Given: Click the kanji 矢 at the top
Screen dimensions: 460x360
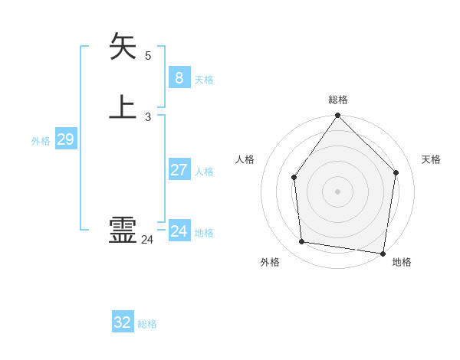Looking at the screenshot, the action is pos(123,46).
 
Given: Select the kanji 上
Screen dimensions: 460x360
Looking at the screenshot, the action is pos(123,106).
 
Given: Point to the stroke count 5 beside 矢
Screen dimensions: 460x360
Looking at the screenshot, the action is pos(148,56).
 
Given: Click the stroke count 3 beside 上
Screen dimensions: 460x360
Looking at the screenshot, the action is pos(148,117).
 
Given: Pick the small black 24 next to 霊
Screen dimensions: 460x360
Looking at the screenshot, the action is pos(147,240).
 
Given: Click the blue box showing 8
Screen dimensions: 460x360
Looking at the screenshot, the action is pos(179,78).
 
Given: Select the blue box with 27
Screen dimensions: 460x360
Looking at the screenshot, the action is pos(179,170).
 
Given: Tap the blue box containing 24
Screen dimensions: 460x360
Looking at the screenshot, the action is pos(179,231).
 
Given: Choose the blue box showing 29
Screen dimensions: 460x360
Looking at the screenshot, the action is pos(65,139).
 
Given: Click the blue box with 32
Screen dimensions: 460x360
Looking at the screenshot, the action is pos(123,322).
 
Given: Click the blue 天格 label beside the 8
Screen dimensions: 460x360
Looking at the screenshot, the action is pos(204,80).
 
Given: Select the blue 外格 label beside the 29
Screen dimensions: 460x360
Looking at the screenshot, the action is pos(41,141).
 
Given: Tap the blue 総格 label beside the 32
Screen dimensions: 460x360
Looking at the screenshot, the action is pos(147,324).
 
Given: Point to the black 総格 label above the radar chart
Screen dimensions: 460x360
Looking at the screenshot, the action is pos(338,100).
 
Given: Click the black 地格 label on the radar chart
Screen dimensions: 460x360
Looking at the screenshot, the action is pos(402,262).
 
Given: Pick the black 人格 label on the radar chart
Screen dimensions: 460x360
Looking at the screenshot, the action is pos(245,159).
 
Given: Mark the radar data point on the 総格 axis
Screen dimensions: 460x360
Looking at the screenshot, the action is pos(337,116).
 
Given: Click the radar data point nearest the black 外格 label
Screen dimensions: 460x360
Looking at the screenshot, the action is pos(302,242).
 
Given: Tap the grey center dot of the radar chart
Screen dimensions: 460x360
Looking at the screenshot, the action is pos(337,191).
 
